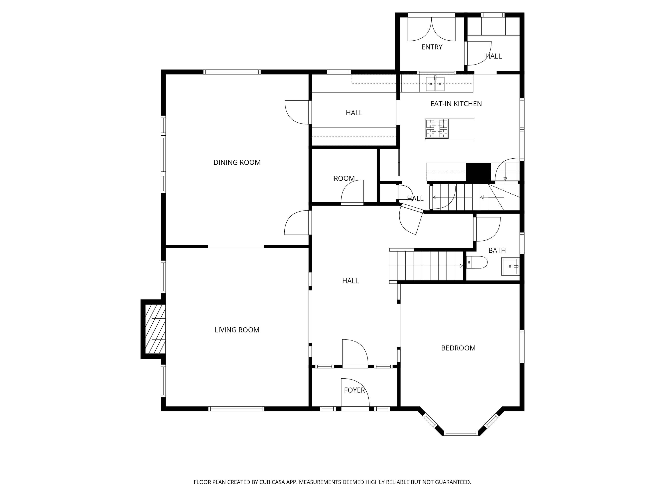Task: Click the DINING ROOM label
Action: (237, 162)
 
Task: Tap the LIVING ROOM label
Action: (237, 330)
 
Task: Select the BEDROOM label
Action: (458, 348)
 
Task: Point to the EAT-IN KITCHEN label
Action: (456, 104)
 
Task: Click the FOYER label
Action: (354, 390)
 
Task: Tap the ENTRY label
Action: (432, 47)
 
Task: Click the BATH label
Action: (497, 250)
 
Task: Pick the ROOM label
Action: (344, 178)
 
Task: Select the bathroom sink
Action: (510, 266)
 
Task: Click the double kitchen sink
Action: (435, 84)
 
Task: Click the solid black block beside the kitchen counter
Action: (478, 172)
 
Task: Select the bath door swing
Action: (487, 229)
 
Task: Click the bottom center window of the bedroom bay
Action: (461, 433)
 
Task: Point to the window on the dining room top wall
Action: (232, 72)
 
